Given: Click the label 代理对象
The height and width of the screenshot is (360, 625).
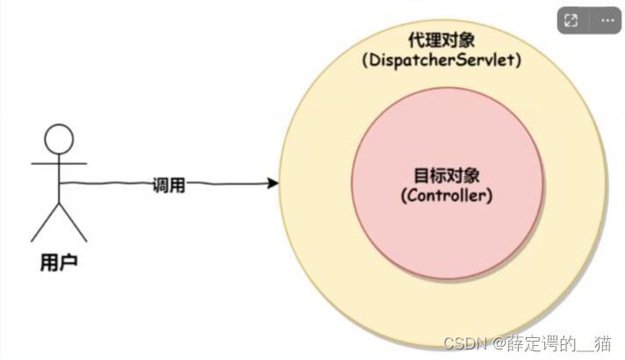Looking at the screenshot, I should [x=442, y=41].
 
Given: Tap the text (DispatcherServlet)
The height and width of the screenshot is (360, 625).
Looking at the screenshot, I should [x=442, y=61].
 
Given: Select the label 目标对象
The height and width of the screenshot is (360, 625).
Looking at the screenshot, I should [x=447, y=173].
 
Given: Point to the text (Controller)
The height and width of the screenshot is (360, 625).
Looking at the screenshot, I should [x=447, y=195].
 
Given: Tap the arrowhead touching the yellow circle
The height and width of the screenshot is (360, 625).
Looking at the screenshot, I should [x=273, y=183].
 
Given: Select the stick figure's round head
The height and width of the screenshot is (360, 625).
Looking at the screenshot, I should [x=60, y=139].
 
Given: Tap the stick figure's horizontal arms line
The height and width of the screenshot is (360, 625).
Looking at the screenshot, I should [x=60, y=164].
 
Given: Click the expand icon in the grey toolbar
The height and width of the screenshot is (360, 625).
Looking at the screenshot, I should [x=571, y=20].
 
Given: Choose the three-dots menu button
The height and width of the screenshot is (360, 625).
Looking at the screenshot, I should [x=607, y=20].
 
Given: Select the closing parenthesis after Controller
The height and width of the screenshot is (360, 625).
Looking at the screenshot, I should [x=489, y=195].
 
